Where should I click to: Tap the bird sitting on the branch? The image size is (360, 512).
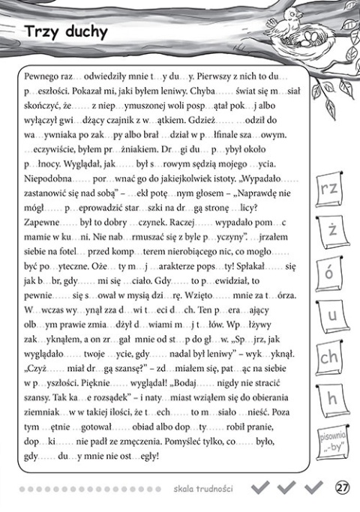(x=293, y=15)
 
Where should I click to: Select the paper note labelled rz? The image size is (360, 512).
(x=328, y=190)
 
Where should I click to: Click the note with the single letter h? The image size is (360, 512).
(x=330, y=398)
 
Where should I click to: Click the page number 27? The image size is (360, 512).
(x=341, y=488)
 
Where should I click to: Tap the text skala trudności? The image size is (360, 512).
(x=202, y=489)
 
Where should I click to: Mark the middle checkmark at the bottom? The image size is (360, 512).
(x=286, y=488)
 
